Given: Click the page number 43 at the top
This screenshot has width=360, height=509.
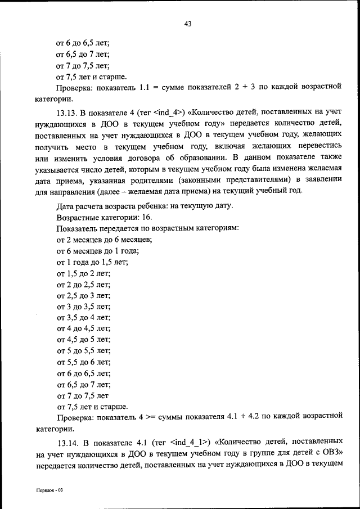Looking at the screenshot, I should (x=188, y=23).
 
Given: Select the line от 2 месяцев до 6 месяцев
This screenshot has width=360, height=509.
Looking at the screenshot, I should (x=105, y=239).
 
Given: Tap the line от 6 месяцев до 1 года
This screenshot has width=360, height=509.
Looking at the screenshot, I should (x=97, y=250).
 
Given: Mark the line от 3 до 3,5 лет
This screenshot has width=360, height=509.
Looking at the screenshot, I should (x=83, y=306).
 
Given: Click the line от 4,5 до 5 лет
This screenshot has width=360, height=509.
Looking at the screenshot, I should (x=83, y=339).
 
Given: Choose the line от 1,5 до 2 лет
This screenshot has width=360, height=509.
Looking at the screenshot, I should (x=83, y=273).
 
